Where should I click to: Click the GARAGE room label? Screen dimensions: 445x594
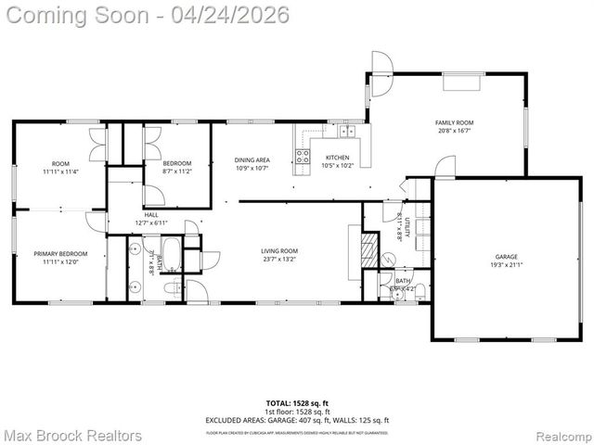pyautogui.click(x=506, y=257)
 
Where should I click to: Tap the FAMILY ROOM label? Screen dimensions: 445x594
pyautogui.click(x=455, y=122)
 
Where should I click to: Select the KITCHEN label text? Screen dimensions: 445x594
pyautogui.click(x=337, y=158)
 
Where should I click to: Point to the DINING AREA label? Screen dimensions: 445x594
pyautogui.click(x=252, y=160)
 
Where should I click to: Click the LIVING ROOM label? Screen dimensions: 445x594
pyautogui.click(x=278, y=250)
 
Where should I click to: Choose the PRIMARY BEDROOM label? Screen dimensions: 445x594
pyautogui.click(x=60, y=253)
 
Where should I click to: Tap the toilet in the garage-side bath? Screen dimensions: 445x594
pyautogui.click(x=419, y=293)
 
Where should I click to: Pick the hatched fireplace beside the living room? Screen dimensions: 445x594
pyautogui.click(x=368, y=250)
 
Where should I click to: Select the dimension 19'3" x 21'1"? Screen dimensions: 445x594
pyautogui.click(x=506, y=265)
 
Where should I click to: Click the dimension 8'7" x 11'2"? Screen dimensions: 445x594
pyautogui.click(x=176, y=171)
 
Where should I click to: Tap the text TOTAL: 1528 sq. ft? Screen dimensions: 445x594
pyautogui.click(x=297, y=403)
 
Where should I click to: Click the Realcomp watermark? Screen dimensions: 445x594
pyautogui.click(x=560, y=435)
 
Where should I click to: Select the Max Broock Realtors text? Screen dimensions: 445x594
pyautogui.click(x=72, y=435)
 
